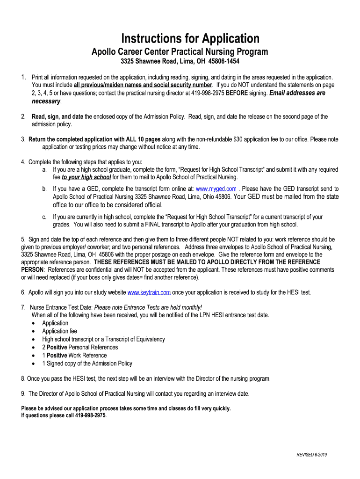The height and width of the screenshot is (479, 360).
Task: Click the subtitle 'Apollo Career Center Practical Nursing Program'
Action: [x=180, y=51]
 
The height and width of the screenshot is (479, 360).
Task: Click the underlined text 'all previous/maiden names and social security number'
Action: [x=143, y=85]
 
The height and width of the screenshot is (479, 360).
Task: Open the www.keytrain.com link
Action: [x=149, y=292]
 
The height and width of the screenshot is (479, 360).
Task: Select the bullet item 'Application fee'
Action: [x=59, y=331]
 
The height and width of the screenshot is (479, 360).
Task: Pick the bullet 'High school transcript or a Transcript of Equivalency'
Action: [x=103, y=339]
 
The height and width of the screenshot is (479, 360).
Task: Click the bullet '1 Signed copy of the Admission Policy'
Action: [x=87, y=363]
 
